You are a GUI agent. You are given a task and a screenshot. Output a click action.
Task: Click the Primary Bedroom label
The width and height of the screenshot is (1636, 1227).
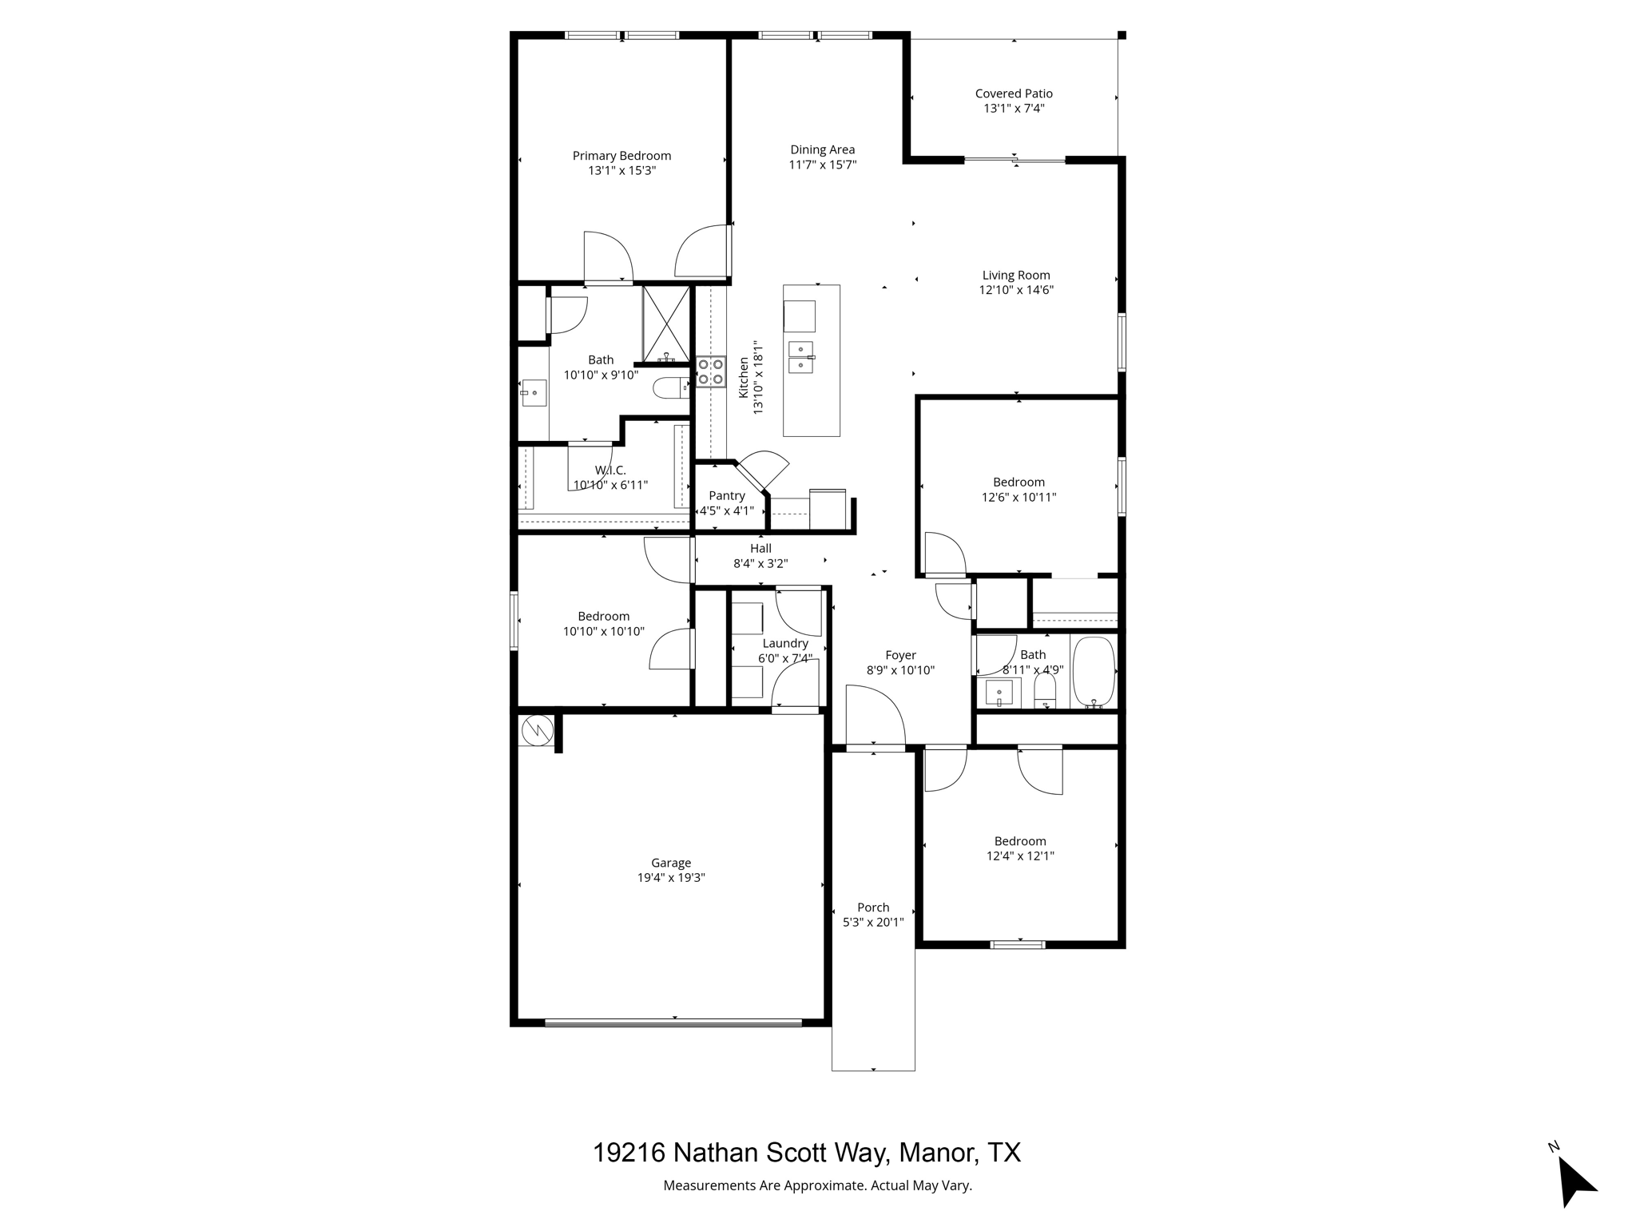[x=621, y=156]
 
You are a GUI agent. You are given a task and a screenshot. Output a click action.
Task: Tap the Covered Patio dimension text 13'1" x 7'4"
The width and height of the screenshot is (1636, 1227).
[x=1014, y=109]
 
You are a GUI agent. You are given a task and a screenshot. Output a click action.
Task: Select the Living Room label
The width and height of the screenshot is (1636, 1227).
[x=1016, y=276]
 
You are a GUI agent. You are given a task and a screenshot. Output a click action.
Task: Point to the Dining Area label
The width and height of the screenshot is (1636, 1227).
[x=822, y=149]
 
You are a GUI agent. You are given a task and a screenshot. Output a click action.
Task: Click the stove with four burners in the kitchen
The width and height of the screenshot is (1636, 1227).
[x=710, y=371]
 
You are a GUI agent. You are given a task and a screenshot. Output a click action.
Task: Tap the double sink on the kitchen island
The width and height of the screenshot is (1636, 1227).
[x=800, y=357]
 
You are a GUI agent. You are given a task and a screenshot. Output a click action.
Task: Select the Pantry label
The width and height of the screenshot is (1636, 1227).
[x=726, y=496]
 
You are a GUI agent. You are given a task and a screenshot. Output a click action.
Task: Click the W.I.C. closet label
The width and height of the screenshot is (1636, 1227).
[x=610, y=471]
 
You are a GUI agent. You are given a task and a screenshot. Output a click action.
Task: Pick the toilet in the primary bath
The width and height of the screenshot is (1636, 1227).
[x=669, y=389]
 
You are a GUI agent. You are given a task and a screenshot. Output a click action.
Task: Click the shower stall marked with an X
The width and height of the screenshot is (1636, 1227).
[x=665, y=322]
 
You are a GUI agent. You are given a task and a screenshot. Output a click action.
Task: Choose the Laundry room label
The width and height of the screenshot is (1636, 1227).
[x=785, y=644]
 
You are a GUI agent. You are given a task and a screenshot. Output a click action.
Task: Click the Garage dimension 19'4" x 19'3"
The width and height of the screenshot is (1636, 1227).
[x=670, y=878]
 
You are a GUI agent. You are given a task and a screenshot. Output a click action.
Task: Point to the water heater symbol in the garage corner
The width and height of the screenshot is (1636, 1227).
[x=536, y=729]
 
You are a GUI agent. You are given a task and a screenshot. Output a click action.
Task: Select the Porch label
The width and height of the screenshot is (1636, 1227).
[x=873, y=907]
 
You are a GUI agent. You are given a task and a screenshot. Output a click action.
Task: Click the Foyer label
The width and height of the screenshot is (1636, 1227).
[x=900, y=656]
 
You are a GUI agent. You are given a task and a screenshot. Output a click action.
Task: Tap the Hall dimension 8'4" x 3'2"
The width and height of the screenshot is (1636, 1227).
[x=760, y=564]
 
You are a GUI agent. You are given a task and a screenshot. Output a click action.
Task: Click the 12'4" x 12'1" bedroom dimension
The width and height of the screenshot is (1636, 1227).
[x=1020, y=856]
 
